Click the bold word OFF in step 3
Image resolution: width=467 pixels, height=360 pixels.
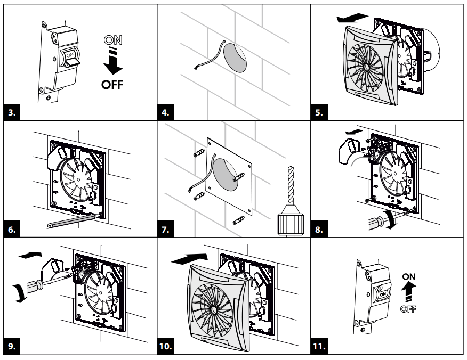point(112,85)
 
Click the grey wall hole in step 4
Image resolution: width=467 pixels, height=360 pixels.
point(234,58)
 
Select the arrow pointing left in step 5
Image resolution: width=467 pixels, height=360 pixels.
point(352,18)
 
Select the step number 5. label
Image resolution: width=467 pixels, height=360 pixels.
point(321,112)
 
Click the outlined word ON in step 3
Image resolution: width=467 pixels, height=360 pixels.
point(112,39)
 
